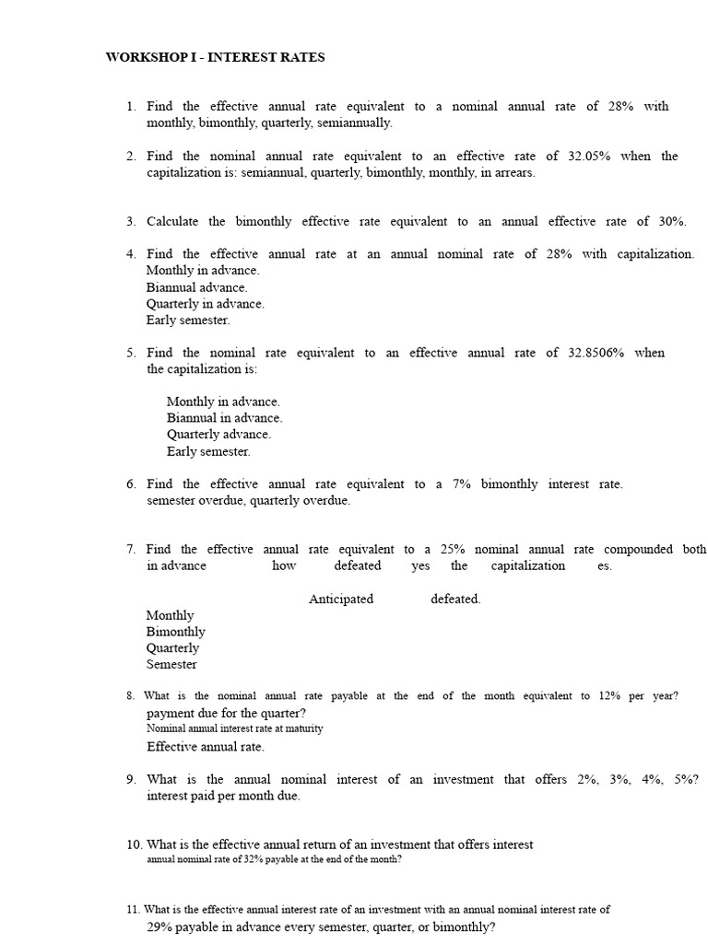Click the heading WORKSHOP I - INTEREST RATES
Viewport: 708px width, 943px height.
pyautogui.click(x=215, y=57)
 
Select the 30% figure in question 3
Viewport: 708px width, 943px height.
pyautogui.click(x=671, y=221)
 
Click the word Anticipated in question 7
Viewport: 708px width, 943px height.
pyautogui.click(x=341, y=600)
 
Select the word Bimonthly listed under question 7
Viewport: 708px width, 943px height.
pyautogui.click(x=175, y=632)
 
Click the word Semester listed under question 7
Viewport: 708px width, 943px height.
pyautogui.click(x=171, y=665)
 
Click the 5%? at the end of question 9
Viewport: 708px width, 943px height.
pyautogui.click(x=686, y=780)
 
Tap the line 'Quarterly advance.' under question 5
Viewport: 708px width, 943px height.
pyautogui.click(x=218, y=435)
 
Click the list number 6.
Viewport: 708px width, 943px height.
pyautogui.click(x=132, y=484)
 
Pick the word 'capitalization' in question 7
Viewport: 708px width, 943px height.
pyautogui.click(x=527, y=566)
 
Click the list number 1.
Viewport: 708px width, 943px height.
pyautogui.click(x=132, y=107)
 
